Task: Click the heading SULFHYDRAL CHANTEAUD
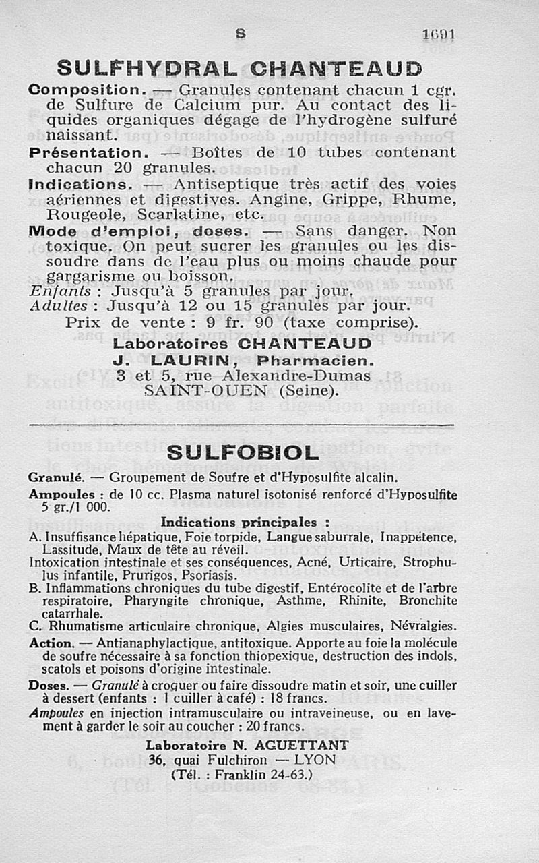(x=239, y=68)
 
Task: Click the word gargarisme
(x=88, y=276)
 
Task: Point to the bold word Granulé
(x=55, y=477)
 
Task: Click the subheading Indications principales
(x=245, y=522)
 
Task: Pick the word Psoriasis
(x=208, y=576)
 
